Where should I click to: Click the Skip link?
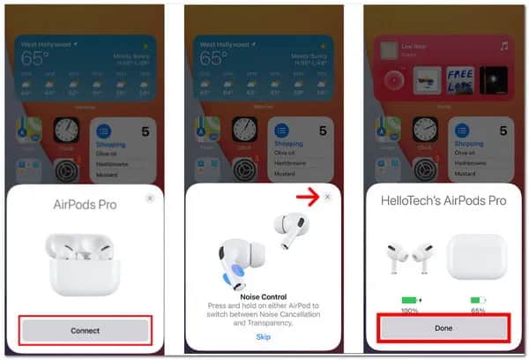[263, 336]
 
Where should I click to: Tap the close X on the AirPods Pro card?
[150, 199]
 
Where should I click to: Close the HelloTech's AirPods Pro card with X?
[506, 199]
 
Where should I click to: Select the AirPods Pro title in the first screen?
[86, 206]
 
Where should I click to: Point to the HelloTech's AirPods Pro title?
[443, 201]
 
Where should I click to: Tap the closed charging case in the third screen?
[479, 256]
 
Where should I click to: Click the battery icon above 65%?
[478, 300]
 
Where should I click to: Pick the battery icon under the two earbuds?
[408, 300]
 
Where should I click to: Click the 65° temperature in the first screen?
[34, 59]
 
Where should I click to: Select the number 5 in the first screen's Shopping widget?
[145, 131]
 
